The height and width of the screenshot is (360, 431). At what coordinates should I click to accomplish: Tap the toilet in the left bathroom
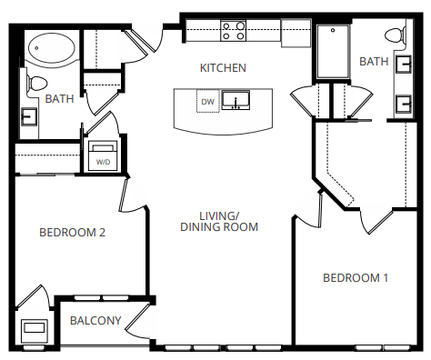(38, 84)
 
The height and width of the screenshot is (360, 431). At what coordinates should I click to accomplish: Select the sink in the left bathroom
(28, 116)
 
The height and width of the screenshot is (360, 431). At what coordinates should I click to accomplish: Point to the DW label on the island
(208, 102)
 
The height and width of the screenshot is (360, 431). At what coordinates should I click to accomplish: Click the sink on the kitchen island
(239, 100)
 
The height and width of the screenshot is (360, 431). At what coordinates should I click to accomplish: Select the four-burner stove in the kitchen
(234, 32)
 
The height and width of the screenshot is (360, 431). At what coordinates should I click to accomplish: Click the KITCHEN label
(223, 68)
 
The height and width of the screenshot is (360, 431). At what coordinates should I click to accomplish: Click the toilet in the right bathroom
(395, 36)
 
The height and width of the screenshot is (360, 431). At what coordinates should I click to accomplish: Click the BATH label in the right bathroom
(374, 61)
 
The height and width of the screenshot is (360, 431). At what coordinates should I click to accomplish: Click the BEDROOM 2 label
(73, 233)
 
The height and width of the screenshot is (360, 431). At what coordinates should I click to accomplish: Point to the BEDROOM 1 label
(356, 277)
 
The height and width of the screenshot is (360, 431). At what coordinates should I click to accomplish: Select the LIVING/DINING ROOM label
(218, 221)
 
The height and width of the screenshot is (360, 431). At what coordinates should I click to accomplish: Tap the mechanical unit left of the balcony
(34, 329)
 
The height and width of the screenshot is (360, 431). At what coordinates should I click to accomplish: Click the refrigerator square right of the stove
(296, 32)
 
